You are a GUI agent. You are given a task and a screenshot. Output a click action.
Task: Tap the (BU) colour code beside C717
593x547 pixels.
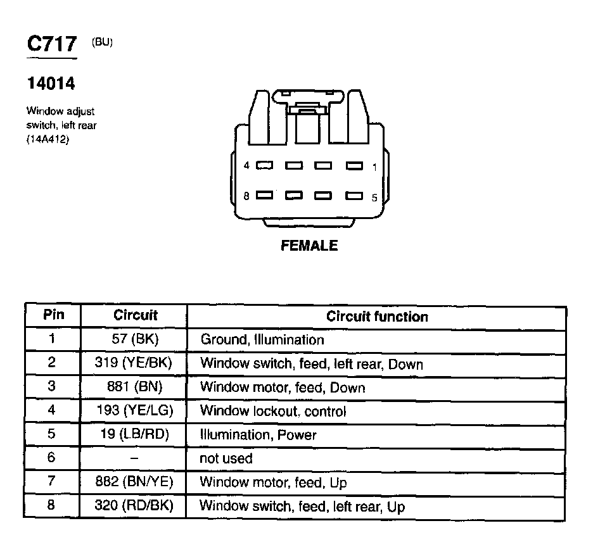102,42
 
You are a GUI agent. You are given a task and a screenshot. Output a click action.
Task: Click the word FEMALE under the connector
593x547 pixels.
309,246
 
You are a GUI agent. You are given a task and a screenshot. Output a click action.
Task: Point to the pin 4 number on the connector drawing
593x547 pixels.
247,166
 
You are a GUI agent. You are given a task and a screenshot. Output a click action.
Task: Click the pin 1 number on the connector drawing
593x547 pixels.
374,167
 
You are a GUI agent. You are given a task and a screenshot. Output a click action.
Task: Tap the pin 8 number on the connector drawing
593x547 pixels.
247,196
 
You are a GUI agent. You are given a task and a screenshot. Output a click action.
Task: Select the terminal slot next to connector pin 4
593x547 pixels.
264,166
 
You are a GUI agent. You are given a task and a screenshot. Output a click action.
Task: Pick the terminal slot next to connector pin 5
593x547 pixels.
355,196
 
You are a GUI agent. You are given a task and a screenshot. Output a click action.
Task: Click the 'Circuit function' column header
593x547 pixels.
377,317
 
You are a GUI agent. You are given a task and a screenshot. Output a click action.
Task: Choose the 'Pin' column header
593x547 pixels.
53,315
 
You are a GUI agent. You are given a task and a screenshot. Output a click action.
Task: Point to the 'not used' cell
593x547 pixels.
226,458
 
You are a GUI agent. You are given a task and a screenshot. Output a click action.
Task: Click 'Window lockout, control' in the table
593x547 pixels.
273,411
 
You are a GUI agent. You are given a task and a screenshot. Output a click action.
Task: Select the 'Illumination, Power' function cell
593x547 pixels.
258,435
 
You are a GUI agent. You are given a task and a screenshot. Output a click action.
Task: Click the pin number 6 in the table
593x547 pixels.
52,458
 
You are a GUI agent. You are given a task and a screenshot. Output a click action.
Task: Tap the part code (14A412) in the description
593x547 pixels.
48,139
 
